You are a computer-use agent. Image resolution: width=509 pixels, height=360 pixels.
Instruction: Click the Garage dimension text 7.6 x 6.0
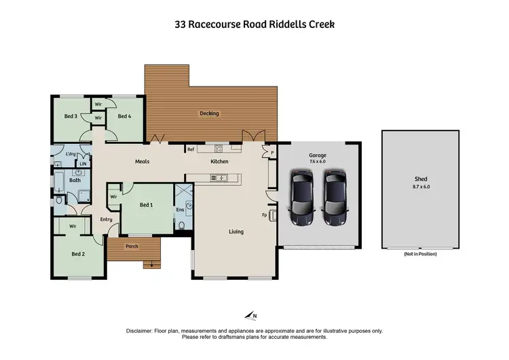pyautogui.click(x=318, y=162)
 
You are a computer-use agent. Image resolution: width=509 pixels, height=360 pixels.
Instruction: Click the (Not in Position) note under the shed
pyautogui.click(x=419, y=253)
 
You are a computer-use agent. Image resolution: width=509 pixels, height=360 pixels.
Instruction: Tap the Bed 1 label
pyautogui.click(x=146, y=204)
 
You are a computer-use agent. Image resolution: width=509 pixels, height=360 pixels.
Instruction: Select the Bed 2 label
pyautogui.click(x=78, y=254)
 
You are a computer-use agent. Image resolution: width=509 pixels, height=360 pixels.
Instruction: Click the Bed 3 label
pyautogui.click(x=70, y=116)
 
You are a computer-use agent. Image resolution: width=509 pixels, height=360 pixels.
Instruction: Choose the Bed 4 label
pyautogui.click(x=124, y=116)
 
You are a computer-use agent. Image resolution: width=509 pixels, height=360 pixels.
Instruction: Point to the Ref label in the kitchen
pyautogui.click(x=191, y=149)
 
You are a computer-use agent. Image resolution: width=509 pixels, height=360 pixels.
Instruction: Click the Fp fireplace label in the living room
pyautogui.click(x=265, y=216)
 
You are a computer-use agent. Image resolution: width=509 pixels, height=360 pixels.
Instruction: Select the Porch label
pyautogui.click(x=132, y=247)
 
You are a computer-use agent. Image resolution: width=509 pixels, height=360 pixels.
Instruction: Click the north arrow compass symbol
pyautogui.click(x=250, y=315)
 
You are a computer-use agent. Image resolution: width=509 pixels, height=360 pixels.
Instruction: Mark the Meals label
pyautogui.click(x=142, y=161)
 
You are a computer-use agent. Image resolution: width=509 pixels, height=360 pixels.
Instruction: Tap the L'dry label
pyautogui.click(x=69, y=155)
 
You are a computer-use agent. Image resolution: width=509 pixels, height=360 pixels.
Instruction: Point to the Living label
pyautogui.click(x=235, y=232)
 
